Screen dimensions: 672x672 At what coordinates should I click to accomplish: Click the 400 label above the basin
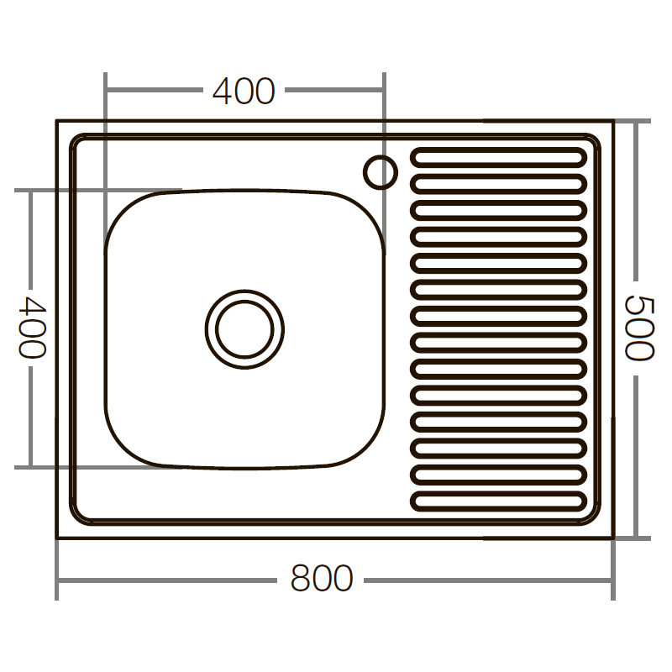pos(244,91)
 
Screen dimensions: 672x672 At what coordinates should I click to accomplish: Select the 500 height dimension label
pos(640,328)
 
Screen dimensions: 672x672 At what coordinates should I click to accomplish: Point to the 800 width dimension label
pos(322,579)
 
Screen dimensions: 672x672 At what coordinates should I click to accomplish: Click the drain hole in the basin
pos(244,328)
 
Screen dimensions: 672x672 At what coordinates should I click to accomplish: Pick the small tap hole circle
pos(380,171)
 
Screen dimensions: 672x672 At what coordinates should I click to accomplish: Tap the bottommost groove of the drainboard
pos(498,501)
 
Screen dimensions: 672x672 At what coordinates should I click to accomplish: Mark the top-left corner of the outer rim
pos(57,121)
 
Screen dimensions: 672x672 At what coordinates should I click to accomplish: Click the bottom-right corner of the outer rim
pos(612,538)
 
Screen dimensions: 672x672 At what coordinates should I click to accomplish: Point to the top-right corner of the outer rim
pos(612,121)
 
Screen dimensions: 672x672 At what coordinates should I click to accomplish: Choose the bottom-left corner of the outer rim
pos(57,538)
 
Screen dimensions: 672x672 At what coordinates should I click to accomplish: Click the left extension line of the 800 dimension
pos(57,571)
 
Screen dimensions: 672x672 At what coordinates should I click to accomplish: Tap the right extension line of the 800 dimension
pos(612,571)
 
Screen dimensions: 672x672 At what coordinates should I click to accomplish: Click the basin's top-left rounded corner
pos(126,210)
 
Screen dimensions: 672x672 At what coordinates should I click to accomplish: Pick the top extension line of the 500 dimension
pos(634,121)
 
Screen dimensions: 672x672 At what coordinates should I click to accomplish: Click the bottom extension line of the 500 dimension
pos(634,538)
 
